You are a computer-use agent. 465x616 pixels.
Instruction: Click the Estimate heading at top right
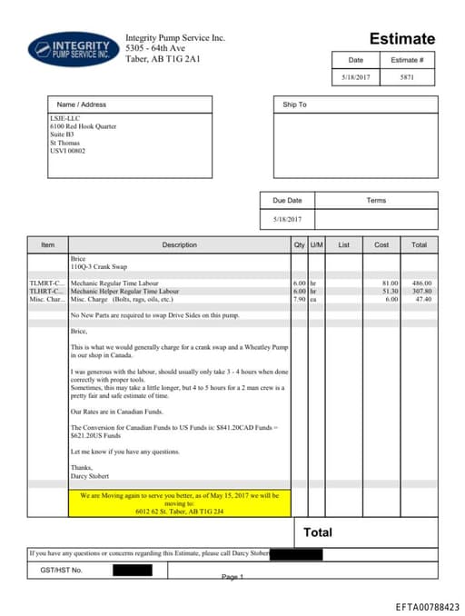tap(401, 39)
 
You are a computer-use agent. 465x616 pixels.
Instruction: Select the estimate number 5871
tap(406, 78)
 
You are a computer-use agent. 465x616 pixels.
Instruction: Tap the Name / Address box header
tap(82, 104)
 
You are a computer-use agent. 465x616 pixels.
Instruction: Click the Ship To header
tap(295, 104)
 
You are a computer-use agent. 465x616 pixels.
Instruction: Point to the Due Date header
tap(288, 200)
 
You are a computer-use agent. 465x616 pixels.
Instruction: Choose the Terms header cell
tap(376, 200)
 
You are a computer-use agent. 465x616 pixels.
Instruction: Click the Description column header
tap(179, 244)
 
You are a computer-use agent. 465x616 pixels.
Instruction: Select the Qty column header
tap(300, 244)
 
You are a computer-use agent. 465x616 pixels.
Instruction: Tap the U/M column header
tap(316, 244)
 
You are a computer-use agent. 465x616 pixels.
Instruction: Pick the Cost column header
tap(381, 244)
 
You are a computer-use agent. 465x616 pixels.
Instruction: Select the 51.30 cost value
tap(389, 291)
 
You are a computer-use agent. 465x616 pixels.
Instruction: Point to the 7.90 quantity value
tap(299, 298)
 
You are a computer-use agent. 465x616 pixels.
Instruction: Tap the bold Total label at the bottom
tap(318, 532)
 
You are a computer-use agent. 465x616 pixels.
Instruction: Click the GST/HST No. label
tap(62, 570)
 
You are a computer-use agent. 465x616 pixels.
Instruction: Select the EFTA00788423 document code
tap(427, 606)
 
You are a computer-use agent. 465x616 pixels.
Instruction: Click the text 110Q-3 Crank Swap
tap(101, 267)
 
